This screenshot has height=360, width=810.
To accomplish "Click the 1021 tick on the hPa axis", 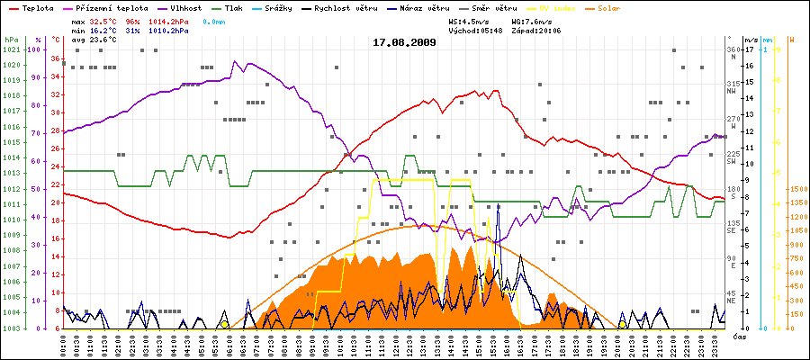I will tap(11, 49).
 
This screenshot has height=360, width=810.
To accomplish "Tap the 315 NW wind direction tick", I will tap(733, 86).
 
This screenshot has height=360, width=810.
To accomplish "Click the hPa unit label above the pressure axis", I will tap(11, 40).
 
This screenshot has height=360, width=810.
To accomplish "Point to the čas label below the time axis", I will tap(738, 337).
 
